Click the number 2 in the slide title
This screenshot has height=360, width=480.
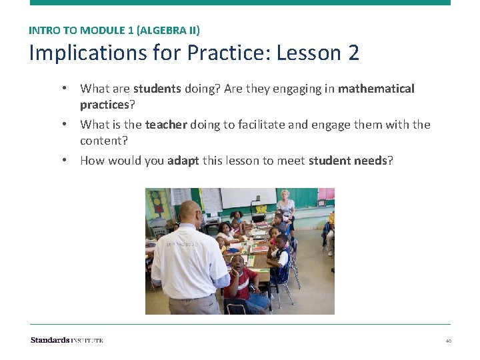point(353,53)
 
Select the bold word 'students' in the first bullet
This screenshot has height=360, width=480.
point(157,89)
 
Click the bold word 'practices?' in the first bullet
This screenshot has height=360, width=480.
point(107,105)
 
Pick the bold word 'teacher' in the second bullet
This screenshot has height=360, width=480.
point(166,125)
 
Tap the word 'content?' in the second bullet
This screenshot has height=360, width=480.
point(103,141)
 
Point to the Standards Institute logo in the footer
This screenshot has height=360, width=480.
point(67,340)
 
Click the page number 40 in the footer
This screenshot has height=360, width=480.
point(448,341)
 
